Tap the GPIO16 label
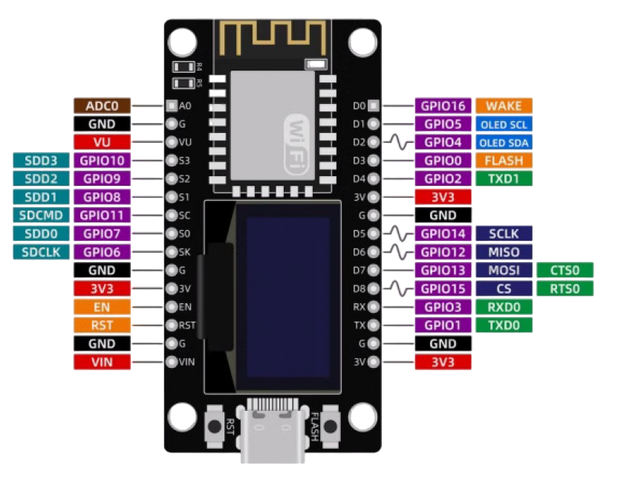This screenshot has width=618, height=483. click(443, 106)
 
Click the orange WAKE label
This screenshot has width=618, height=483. click(503, 106)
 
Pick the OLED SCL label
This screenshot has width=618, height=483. click(503, 124)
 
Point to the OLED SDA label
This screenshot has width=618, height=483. click(503, 142)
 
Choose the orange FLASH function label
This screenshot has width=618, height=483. click(503, 161)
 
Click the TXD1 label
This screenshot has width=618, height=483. click(503, 178)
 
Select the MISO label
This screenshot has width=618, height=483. click(503, 252)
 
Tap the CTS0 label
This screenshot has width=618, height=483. click(565, 270)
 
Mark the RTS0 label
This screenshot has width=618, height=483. click(565, 288)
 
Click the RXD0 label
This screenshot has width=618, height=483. click(503, 307)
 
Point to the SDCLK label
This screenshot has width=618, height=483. click(41, 252)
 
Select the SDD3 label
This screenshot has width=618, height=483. click(41, 161)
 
